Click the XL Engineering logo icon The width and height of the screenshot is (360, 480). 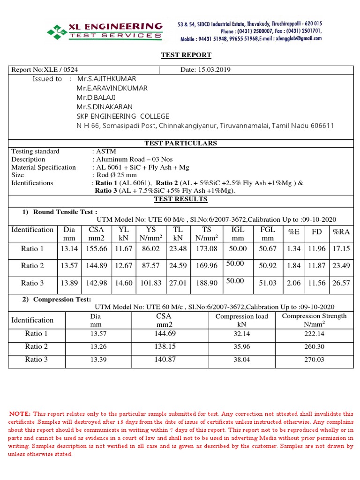[x=56, y=31]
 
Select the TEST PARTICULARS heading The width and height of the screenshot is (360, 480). [x=180, y=143]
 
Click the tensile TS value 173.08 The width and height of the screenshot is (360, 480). [x=207, y=248]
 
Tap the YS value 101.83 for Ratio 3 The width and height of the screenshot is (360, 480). [x=150, y=283]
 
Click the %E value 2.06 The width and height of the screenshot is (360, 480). [x=293, y=283]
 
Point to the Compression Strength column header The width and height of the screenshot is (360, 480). [x=314, y=320]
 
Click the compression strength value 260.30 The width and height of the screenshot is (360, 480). [x=314, y=347]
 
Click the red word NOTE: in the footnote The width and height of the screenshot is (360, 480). [x=20, y=414]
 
